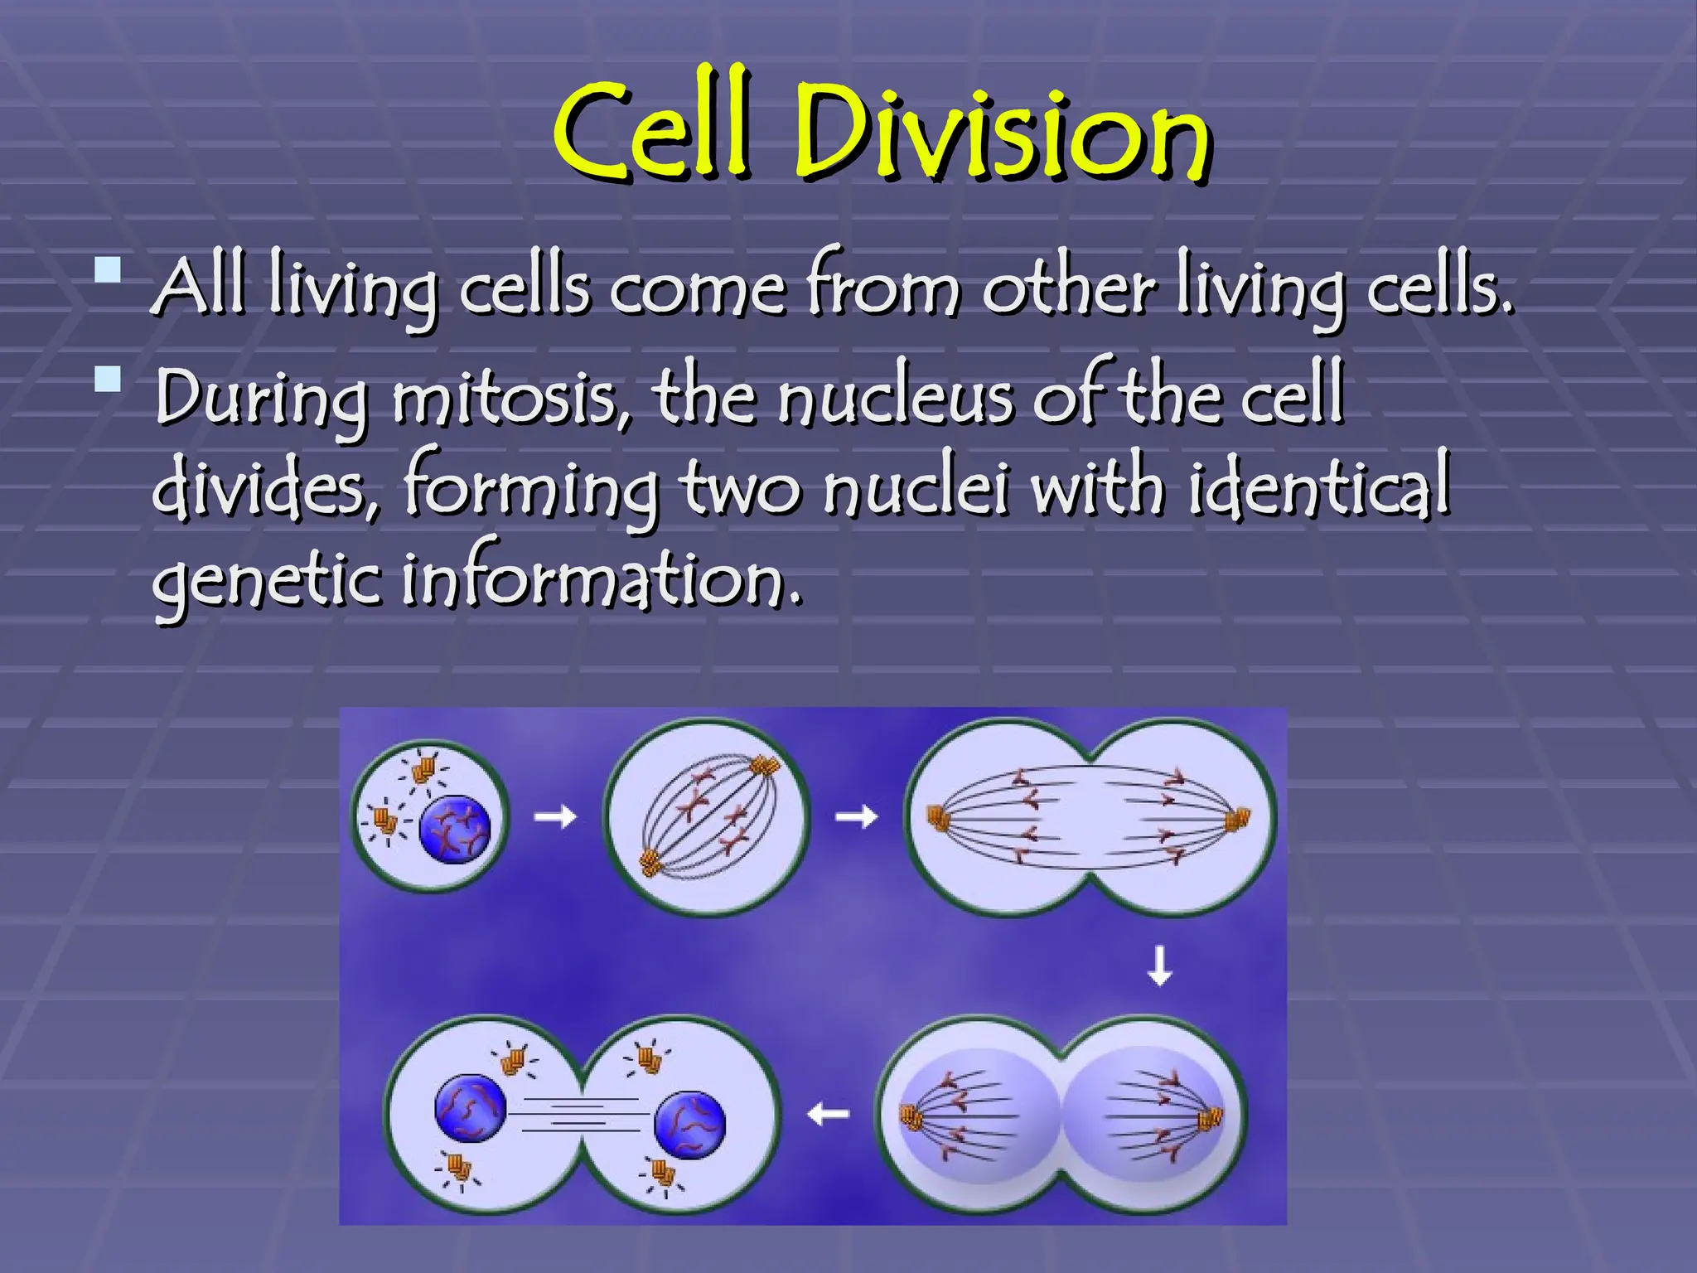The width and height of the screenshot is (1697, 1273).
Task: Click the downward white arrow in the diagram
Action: tap(1159, 966)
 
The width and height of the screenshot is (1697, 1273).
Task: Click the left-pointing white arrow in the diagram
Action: tap(828, 1114)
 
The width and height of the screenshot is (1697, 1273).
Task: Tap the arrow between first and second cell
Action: tap(554, 817)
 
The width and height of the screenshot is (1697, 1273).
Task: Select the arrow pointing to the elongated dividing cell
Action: tap(856, 817)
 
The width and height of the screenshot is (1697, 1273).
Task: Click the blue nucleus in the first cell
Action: tap(455, 829)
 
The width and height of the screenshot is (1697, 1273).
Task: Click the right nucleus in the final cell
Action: tap(689, 1124)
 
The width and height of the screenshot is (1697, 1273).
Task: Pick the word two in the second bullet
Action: tap(742, 489)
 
